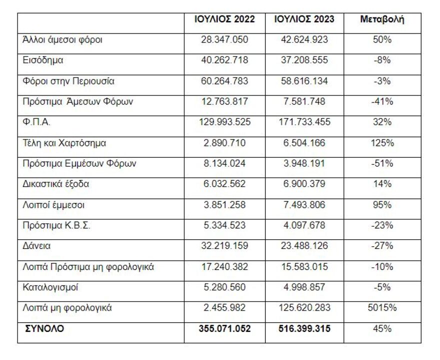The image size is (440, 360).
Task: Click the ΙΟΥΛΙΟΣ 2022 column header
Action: (224, 19)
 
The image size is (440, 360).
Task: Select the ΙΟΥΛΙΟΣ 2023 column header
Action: (304, 19)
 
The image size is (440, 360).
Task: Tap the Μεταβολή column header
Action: (382, 19)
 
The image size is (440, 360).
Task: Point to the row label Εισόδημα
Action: (43, 60)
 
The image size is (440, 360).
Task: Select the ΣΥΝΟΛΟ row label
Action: (44, 328)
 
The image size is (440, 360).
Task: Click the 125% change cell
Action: (382, 143)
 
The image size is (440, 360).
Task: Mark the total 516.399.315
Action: (304, 329)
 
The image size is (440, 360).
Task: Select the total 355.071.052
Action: (224, 329)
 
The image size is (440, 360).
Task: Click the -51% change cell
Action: (382, 163)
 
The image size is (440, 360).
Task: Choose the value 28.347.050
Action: (224, 40)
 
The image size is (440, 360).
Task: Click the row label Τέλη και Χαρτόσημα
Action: (64, 143)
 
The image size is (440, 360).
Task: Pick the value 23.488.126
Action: (304, 246)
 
